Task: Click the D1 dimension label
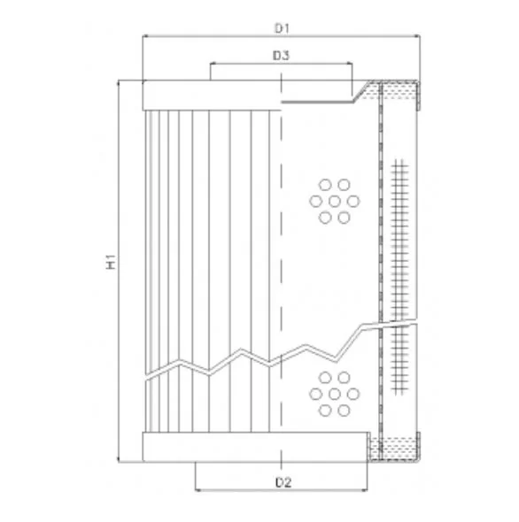[282, 28]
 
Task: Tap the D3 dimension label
[281, 56]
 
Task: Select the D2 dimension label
[283, 482]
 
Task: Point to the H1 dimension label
[111, 261]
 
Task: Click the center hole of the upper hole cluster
[334, 201]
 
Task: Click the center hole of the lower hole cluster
[334, 394]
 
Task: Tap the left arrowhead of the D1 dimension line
[145, 35]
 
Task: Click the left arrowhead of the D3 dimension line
[213, 63]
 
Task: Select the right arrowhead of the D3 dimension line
[349, 63]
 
